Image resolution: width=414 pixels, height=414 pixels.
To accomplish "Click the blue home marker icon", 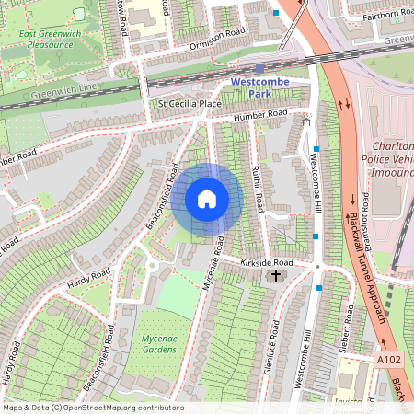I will pyautogui.click(x=207, y=199).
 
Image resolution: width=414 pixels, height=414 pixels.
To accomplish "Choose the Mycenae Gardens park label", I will pyautogui.click(x=159, y=344).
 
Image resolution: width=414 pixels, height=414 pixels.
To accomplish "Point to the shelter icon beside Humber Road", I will pyautogui.click(x=306, y=120).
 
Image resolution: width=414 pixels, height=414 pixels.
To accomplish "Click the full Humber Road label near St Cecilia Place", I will pyautogui.click(x=259, y=115).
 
